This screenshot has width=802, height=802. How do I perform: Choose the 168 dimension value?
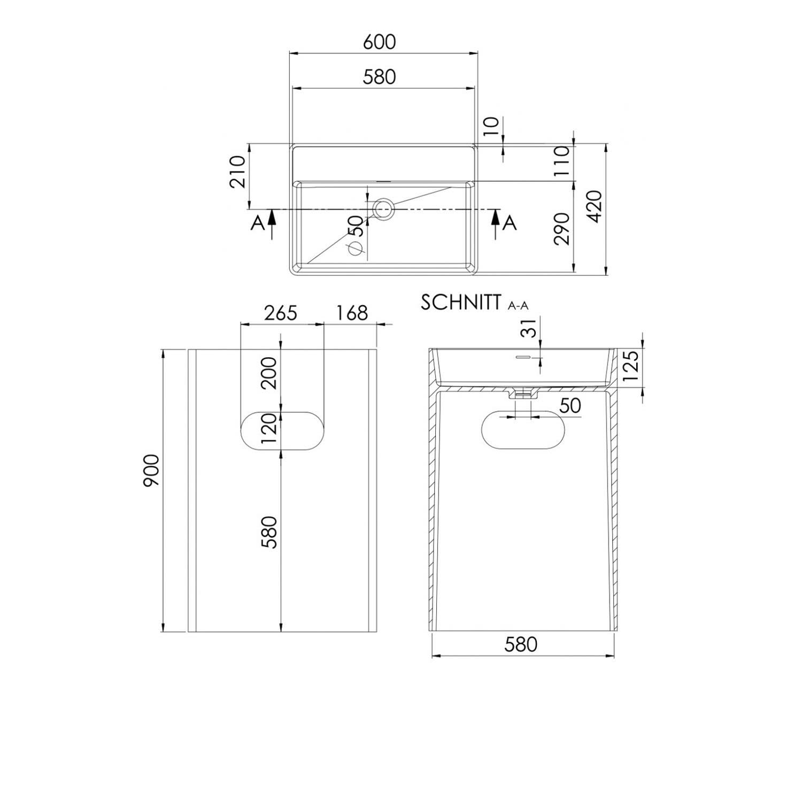[352, 312]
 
